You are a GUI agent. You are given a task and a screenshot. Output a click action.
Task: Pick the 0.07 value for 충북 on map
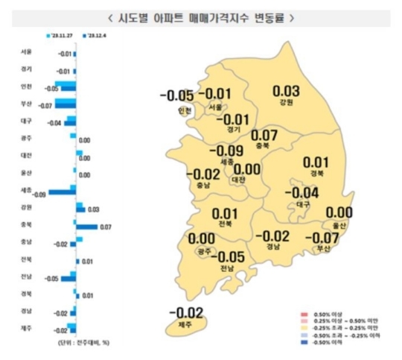coord(265,135)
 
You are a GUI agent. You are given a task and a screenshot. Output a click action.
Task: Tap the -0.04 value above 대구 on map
coord(302,192)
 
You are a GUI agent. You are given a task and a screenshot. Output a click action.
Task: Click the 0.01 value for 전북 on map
coord(224,213)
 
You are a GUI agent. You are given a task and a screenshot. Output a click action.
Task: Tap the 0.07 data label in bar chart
coord(105,226)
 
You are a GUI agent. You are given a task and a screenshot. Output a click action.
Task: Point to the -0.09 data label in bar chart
coord(40,194)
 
